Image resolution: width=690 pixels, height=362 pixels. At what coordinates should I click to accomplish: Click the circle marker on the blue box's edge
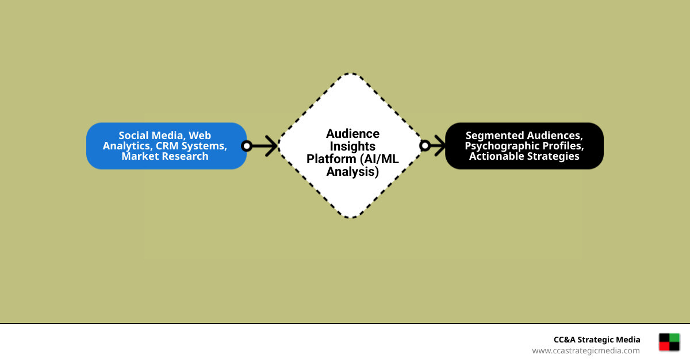tap(247, 146)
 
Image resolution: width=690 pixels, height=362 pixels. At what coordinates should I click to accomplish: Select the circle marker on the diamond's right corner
tap(425, 146)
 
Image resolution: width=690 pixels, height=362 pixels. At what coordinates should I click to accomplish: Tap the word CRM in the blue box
tap(166, 146)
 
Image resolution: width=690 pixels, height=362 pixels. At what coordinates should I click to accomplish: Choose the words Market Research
tap(165, 156)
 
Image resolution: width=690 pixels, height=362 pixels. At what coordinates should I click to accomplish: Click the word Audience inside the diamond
tap(352, 134)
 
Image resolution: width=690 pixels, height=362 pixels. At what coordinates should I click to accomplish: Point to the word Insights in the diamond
tap(352, 147)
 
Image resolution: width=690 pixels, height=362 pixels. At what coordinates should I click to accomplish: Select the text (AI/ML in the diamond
tap(379, 159)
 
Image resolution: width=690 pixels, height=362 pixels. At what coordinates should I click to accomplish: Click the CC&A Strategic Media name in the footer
tap(597, 340)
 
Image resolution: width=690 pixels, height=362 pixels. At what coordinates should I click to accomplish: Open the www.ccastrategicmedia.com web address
tap(585, 351)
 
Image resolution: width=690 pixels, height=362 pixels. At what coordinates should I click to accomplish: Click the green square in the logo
tap(674, 338)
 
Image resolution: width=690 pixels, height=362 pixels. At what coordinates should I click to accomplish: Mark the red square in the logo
tap(665, 346)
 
